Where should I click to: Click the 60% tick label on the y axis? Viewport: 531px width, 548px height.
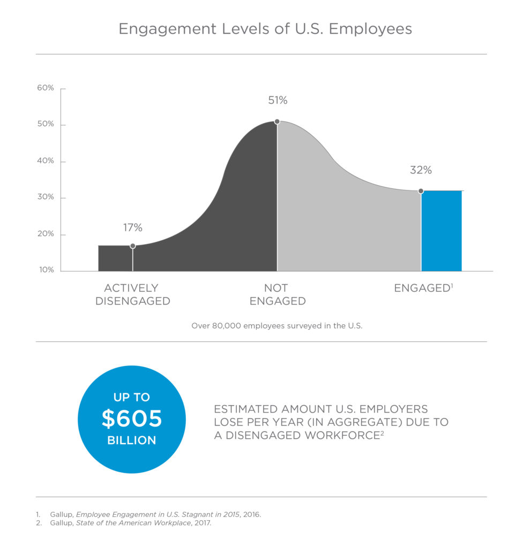[x=46, y=88]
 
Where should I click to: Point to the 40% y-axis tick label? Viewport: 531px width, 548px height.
[x=46, y=161]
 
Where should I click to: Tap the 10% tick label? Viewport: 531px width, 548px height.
[x=46, y=270]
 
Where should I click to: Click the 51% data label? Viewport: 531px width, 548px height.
[x=278, y=100]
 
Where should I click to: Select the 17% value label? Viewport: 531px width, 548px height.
[x=133, y=227]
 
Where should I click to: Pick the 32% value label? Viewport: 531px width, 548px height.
[x=421, y=170]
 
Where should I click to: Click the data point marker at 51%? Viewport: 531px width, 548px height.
[x=277, y=121]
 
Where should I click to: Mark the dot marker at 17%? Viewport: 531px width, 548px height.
[x=133, y=246]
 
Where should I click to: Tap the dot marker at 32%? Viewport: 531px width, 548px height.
[x=421, y=191]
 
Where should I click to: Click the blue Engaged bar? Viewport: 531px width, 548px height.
[x=442, y=231]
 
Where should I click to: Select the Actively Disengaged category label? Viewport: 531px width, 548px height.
[x=133, y=295]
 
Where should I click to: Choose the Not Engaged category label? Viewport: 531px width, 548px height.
[x=278, y=295]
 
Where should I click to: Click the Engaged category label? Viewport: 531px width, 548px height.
[x=423, y=288]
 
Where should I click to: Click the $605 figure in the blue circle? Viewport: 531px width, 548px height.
[x=132, y=418]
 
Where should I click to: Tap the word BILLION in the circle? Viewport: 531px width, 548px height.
[x=132, y=440]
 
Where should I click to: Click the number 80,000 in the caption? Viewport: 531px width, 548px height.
[x=227, y=326]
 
